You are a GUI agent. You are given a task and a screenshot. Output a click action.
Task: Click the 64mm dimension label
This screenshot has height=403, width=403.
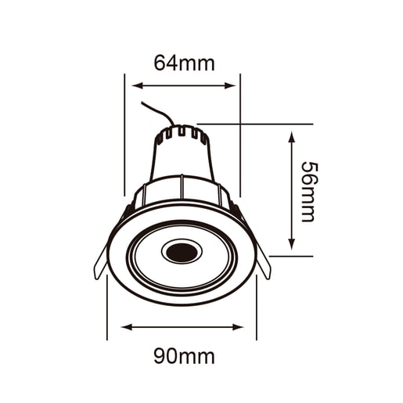[x=183, y=63]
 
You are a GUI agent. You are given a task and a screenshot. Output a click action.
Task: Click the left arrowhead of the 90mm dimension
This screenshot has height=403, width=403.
[x=126, y=326]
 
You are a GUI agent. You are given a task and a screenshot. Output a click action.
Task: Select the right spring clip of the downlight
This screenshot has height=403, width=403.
[x=264, y=264]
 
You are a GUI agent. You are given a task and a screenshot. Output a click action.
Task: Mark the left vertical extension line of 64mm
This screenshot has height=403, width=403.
[x=124, y=133]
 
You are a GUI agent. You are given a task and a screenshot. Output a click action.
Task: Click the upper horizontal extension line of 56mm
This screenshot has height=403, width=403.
[x=258, y=124]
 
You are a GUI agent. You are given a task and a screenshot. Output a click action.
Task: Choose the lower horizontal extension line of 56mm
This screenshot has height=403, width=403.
[x=290, y=254]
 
